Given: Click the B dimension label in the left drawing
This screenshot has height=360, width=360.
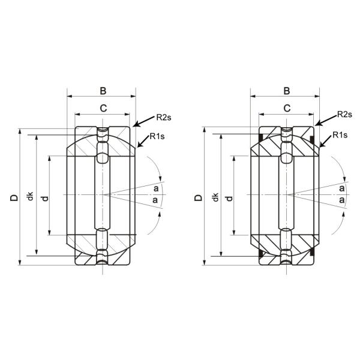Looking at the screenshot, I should tap(103, 91).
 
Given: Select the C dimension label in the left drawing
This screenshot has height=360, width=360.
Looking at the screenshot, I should tap(103, 108).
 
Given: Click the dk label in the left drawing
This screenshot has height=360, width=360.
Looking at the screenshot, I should tap(31, 197).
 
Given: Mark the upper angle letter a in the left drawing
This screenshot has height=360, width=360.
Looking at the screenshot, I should tap(156, 188).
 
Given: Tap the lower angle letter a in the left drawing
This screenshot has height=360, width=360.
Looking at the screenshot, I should tap(156, 200).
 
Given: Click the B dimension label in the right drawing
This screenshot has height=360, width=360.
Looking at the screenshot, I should tap(286, 91).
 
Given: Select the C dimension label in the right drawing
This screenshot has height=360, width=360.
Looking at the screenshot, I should tap(286, 108).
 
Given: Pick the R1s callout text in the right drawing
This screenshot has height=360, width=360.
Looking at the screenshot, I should tap(340, 136).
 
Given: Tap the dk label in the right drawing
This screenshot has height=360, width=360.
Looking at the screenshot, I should tap(215, 197).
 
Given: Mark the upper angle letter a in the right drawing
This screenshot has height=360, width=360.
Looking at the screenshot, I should tap(341, 188).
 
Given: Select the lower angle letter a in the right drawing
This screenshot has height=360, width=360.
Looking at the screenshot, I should tap(341, 200).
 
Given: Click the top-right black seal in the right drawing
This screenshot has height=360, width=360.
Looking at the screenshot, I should tap(313, 140).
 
